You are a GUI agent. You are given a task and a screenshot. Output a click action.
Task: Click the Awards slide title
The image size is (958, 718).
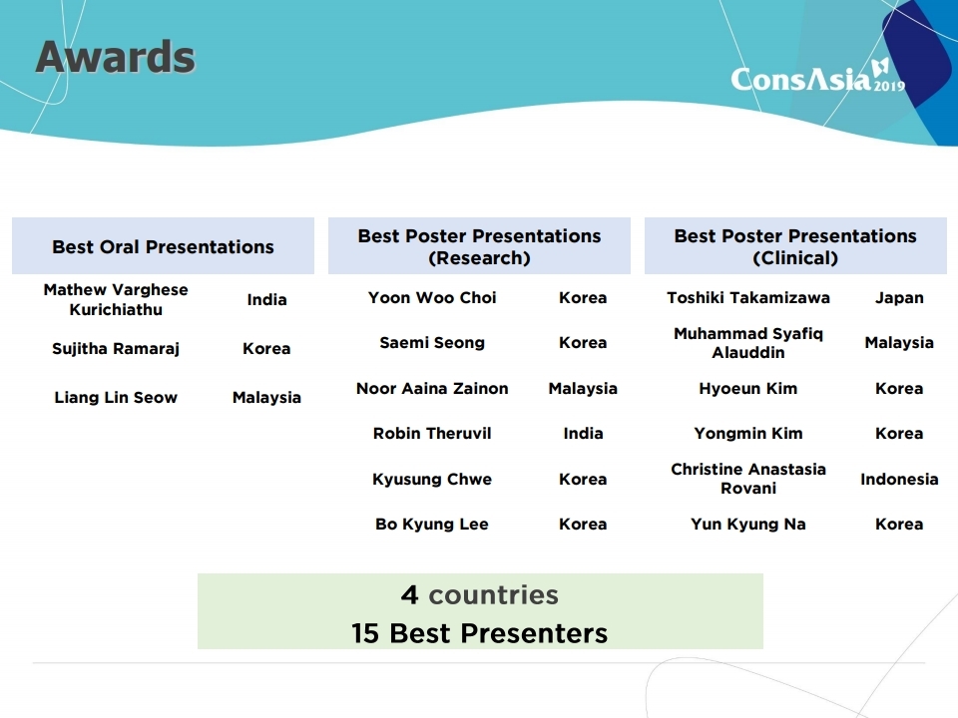(116, 57)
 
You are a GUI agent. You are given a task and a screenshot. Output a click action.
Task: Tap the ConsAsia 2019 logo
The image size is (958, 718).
(818, 76)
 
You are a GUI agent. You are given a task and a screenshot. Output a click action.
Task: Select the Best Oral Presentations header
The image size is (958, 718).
(163, 246)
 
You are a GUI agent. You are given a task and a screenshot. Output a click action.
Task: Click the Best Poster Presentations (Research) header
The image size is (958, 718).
(480, 246)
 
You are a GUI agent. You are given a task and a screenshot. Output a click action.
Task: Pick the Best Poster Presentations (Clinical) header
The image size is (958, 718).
(795, 246)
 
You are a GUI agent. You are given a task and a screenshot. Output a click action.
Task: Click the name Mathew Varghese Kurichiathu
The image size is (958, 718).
(116, 299)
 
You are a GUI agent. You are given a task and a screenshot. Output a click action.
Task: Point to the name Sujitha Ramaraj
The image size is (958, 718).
(116, 349)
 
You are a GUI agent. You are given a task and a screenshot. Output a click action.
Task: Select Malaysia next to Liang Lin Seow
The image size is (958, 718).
(267, 398)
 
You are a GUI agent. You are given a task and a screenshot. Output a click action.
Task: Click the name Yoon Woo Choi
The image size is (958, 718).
(432, 298)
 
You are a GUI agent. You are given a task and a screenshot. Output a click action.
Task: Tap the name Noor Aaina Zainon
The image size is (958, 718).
(432, 388)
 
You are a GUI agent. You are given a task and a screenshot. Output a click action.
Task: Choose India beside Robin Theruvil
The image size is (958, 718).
(583, 434)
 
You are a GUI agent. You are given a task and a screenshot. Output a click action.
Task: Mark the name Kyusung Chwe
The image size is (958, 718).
(432, 480)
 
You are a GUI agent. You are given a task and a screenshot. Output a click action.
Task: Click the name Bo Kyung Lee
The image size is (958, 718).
(432, 525)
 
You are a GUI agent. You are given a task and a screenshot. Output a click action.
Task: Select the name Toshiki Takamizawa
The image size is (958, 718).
(748, 298)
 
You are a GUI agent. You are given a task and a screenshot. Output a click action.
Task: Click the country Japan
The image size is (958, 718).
(899, 298)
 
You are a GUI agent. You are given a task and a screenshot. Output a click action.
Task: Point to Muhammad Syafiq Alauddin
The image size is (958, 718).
(748, 342)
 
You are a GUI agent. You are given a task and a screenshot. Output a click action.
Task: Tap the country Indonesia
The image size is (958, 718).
(899, 480)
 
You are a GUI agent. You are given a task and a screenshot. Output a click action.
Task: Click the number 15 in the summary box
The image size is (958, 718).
(365, 634)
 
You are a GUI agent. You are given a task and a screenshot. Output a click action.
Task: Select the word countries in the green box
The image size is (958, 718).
(494, 595)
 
